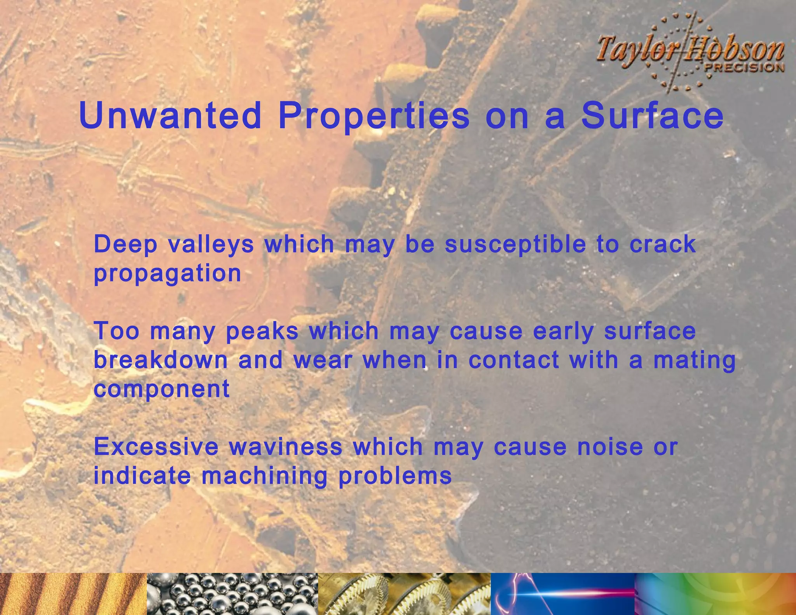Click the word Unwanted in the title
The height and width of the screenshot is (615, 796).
pos(170,115)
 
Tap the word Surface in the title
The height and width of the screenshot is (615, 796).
pos(652,115)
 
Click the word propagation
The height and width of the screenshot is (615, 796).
pos(168,274)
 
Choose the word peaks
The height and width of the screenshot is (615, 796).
pos(262,332)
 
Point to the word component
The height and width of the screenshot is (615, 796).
pos(162,390)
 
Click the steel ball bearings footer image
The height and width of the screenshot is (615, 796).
pos(232,594)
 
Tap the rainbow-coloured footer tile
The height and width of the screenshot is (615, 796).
pos(715,594)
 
